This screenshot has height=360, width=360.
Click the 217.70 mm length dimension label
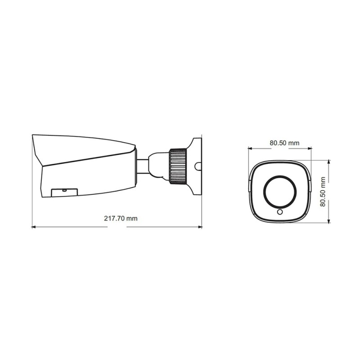[121, 218]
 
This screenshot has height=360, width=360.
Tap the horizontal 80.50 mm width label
[284, 143]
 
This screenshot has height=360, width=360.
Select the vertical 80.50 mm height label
[323, 192]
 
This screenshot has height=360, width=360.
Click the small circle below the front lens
[280, 212]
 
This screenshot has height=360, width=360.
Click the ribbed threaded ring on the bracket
[177, 166]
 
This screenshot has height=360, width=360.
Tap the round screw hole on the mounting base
[198, 166]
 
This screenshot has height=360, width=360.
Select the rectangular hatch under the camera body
[64, 193]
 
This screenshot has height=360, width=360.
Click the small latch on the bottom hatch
[64, 190]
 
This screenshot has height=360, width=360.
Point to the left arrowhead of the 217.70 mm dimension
[33, 227]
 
